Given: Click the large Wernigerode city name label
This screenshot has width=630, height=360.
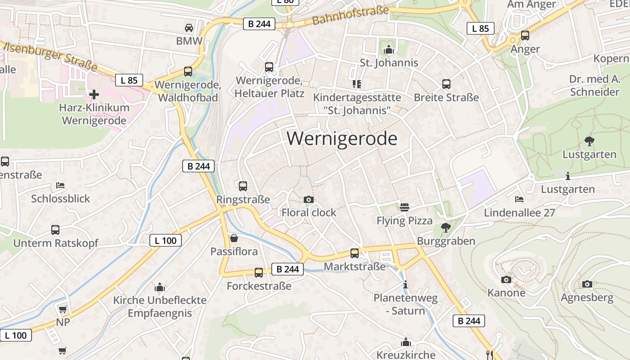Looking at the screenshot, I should click(342, 139).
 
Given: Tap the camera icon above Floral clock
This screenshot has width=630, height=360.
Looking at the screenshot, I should click(309, 199).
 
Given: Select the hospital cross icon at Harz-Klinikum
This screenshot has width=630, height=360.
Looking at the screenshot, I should click(94, 94).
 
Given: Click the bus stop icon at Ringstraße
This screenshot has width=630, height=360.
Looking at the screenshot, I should click(243, 186).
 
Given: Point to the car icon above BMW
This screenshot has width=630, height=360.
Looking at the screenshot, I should click(189, 28).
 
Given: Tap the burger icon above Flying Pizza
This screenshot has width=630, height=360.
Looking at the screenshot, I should click(404, 207).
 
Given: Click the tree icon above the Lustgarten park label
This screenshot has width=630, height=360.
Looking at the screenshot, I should click(589, 141).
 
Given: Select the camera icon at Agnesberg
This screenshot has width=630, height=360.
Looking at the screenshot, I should click(587, 284).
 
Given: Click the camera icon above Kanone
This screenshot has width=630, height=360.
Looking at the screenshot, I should click(506, 279).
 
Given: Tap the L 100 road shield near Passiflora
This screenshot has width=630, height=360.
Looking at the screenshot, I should click(166, 240).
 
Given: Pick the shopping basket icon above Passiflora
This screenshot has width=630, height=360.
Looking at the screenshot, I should click(234, 238).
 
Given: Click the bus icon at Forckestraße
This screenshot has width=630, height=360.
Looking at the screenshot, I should click(259, 272).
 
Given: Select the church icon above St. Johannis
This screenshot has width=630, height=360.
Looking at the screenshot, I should click(389, 49).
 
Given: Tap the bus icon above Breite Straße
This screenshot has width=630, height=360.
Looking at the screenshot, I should click(446, 84).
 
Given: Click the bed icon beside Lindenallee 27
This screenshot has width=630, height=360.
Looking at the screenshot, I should click(519, 199).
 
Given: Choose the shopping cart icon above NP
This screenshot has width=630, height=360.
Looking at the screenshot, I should click(63, 309).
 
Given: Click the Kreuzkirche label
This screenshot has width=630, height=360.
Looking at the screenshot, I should click(406, 355).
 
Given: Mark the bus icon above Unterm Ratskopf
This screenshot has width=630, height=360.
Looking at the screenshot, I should click(55, 230).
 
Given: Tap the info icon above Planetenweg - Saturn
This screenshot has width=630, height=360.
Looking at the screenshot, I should click(405, 284).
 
